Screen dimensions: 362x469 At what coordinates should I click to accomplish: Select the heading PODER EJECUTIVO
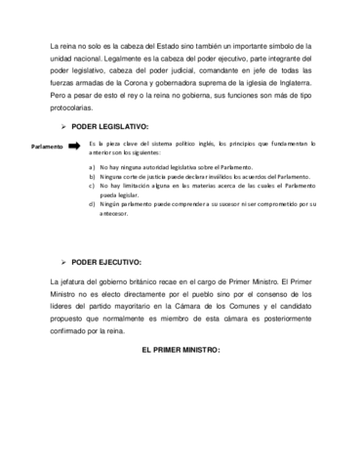point(106,263)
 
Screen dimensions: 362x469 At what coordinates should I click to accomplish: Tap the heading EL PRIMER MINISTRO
point(181,349)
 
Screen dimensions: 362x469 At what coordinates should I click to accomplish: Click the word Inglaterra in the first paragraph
point(290,86)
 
